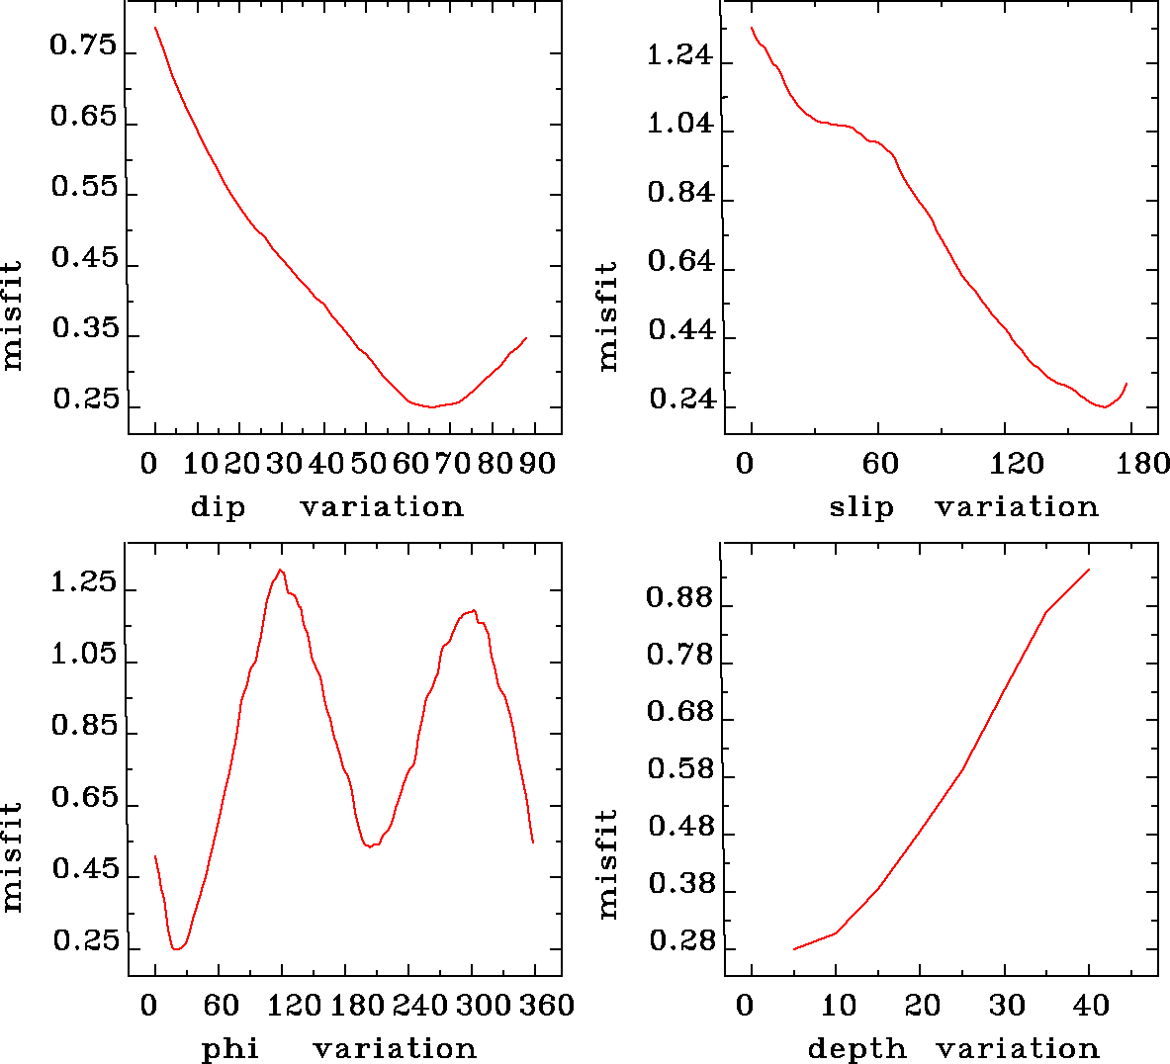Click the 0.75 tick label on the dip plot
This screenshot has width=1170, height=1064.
(83, 47)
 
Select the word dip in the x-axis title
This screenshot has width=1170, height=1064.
(217, 507)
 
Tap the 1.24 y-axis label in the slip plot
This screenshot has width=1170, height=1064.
(678, 55)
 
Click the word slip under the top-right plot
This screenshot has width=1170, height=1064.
(860, 507)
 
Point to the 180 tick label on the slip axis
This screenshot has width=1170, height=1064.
(1147, 465)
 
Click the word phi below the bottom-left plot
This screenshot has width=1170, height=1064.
(229, 1049)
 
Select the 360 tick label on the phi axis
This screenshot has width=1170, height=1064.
(547, 1007)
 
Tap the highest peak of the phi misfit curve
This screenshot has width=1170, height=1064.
(281, 570)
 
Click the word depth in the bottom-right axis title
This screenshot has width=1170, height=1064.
(856, 1049)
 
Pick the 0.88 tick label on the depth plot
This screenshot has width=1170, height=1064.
(678, 598)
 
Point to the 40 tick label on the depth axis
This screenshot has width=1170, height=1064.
(1091, 1007)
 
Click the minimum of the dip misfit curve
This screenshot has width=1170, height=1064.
(432, 406)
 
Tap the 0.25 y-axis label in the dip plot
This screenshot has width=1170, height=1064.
(85, 400)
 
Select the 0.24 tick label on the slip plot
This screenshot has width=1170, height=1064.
(680, 399)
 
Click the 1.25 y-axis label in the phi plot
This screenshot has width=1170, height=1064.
(83, 583)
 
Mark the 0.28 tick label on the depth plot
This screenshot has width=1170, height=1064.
(680, 942)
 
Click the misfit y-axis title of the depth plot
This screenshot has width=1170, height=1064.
(607, 863)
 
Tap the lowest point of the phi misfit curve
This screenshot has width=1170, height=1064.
(176, 949)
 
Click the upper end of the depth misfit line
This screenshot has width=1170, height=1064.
(1089, 570)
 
